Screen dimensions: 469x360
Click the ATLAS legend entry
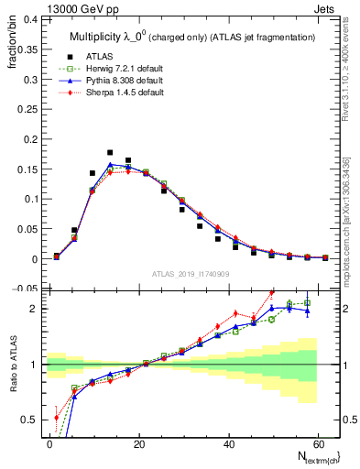click(x=99, y=56)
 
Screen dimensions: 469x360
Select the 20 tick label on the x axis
click(x=138, y=443)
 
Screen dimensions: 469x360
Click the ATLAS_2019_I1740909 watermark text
click(x=190, y=274)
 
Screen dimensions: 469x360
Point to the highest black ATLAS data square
click(x=110, y=153)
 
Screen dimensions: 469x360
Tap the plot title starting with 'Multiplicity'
click(x=192, y=38)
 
